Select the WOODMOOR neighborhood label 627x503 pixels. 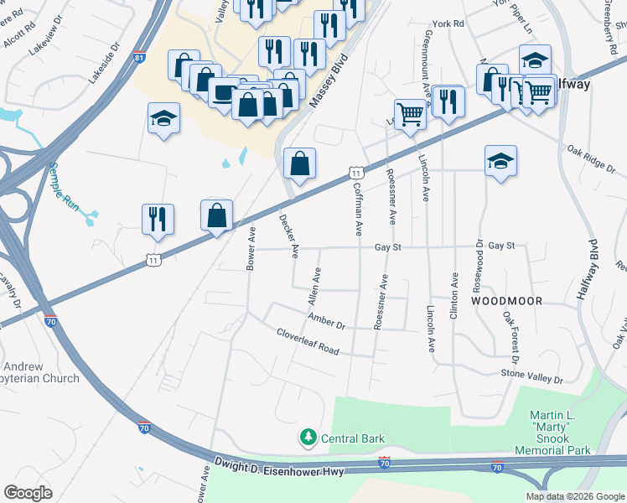tap(506, 300)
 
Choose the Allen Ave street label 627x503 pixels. tap(313, 286)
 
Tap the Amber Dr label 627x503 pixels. tap(327, 322)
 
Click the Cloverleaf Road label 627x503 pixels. tap(308, 341)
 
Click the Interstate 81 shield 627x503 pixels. tap(139, 58)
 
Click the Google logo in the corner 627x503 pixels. tap(28, 492)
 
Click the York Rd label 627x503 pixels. tap(447, 24)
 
